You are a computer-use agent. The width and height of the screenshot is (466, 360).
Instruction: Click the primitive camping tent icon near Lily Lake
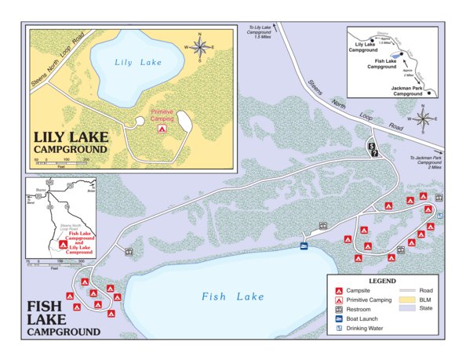(x=162, y=127)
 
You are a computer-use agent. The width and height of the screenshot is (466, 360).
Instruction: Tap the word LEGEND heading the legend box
(x=382, y=280)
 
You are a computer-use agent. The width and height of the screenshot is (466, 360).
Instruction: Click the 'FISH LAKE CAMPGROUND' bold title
(x=63, y=319)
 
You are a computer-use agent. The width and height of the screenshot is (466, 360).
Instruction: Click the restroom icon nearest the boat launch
(x=322, y=227)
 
